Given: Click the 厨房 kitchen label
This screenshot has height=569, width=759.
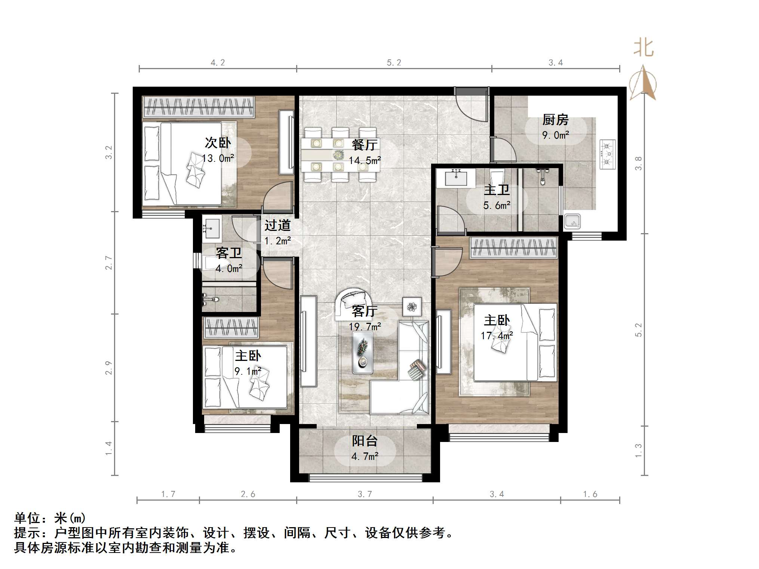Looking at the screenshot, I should click(x=555, y=120).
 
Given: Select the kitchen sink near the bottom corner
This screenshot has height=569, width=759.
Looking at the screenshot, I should click(x=572, y=221).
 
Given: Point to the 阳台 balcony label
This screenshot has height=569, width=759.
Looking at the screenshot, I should click(x=365, y=441).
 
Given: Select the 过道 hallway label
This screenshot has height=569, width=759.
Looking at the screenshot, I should click(x=277, y=225).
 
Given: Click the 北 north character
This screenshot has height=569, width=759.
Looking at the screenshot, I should click(x=643, y=48).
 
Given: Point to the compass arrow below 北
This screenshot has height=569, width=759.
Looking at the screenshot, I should click(x=643, y=83).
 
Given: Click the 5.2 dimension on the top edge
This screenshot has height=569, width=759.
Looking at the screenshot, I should click(x=394, y=63).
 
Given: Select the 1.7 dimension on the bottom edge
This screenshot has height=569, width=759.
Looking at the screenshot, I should click(x=168, y=494).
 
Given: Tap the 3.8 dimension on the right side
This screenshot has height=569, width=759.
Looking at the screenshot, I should click(x=639, y=163).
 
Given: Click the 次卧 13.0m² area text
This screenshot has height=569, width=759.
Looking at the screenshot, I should click(x=218, y=158).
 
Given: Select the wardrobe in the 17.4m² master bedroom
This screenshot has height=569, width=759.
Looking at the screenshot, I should click(x=514, y=247).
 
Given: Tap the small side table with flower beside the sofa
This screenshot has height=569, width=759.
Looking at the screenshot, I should click(x=412, y=307).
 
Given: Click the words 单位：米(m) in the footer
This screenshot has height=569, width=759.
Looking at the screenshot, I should click(x=50, y=518).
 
